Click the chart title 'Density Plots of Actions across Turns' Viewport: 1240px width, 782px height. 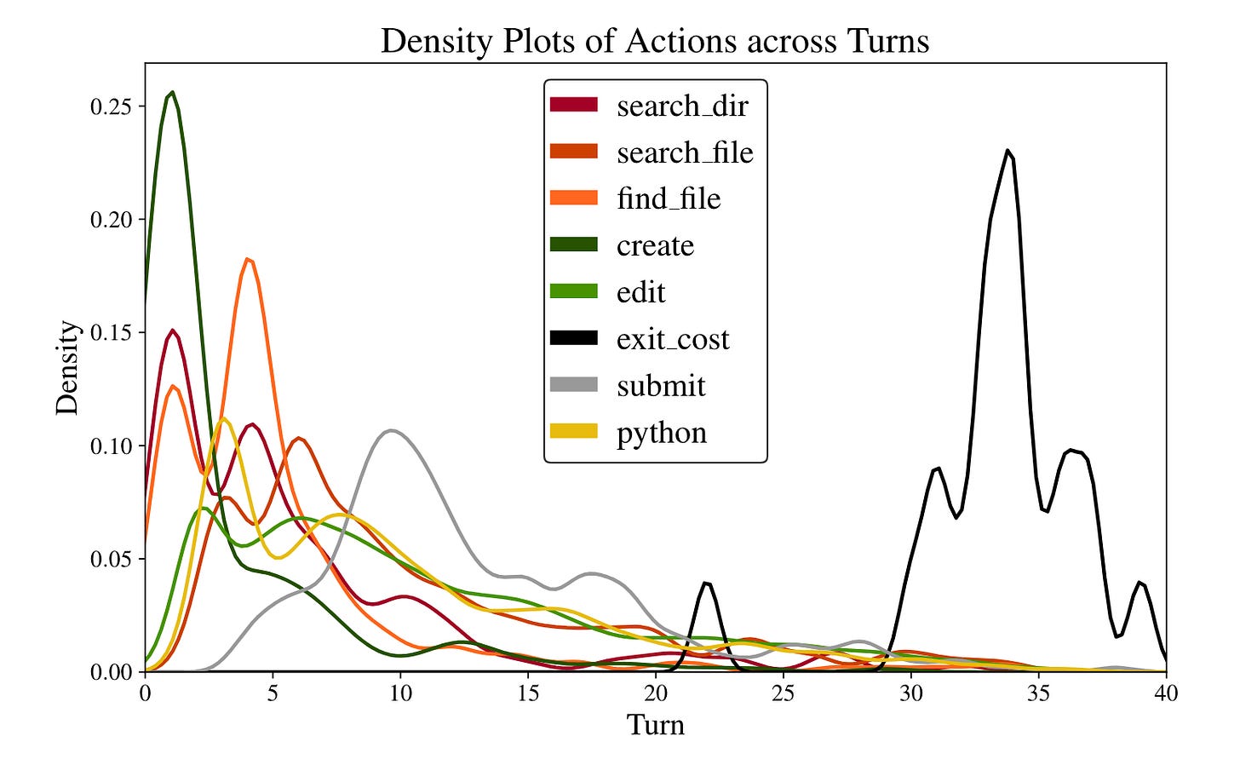(x=654, y=41)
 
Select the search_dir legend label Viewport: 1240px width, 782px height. (x=681, y=106)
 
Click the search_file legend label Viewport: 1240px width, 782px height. (x=685, y=153)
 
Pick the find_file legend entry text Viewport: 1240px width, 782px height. (x=668, y=199)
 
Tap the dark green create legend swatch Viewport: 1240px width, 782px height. (x=573, y=245)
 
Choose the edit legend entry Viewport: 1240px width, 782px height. (x=640, y=292)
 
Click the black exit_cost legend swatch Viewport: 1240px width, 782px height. (x=573, y=338)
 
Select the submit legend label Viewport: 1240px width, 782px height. (x=661, y=386)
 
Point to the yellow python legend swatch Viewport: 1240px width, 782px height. (x=573, y=432)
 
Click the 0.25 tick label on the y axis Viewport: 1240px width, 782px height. (x=111, y=106)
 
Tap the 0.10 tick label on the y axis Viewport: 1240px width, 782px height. (x=111, y=446)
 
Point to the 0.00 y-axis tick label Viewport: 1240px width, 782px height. (x=111, y=672)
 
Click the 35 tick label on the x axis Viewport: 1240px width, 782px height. (x=1038, y=693)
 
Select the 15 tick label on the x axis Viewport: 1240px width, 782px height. (x=528, y=693)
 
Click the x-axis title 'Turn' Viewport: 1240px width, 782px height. (x=655, y=725)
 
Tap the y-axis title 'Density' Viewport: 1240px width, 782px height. (x=67, y=368)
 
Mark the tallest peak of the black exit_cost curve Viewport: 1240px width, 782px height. (x=1007, y=151)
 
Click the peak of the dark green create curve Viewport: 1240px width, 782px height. (x=173, y=92)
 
